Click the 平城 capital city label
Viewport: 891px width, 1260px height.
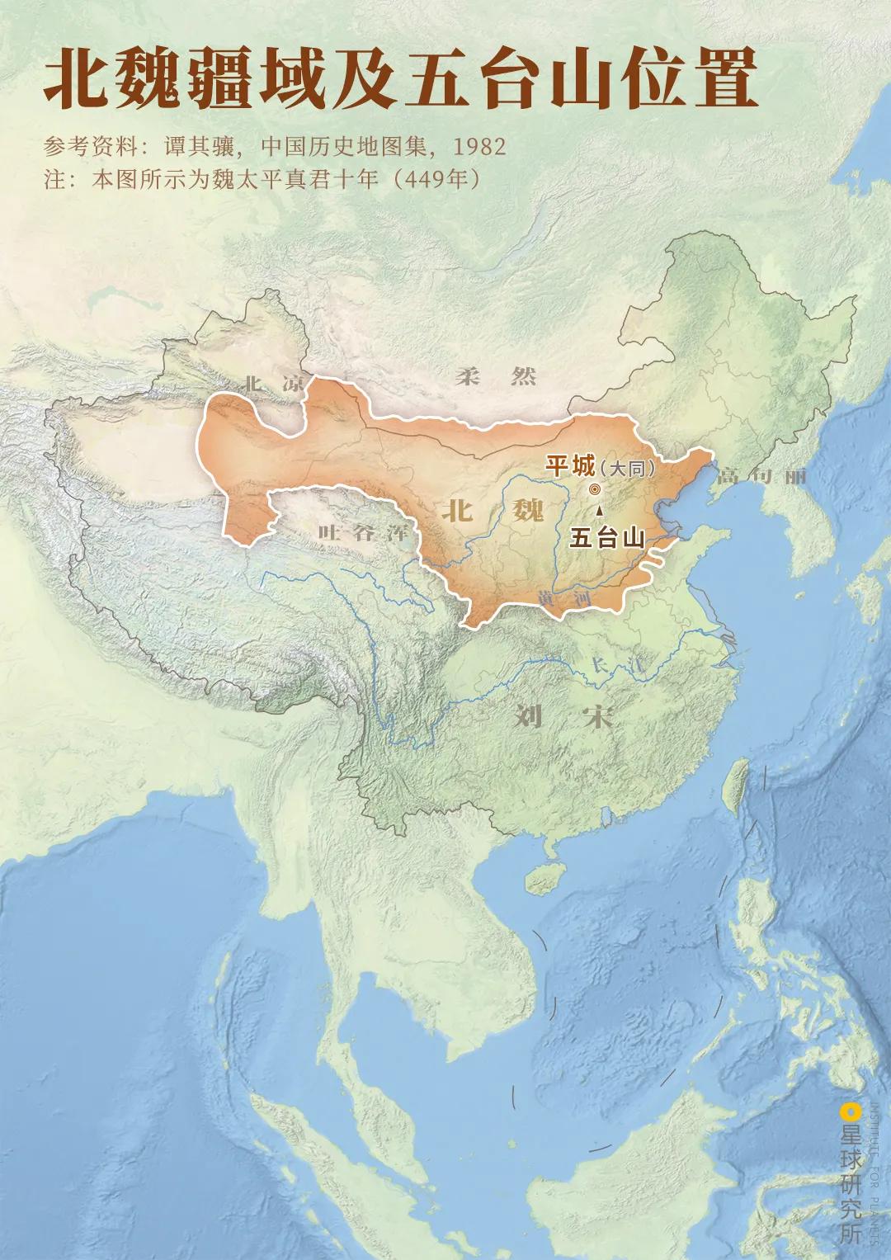click(x=570, y=466)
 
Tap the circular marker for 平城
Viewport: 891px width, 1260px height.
click(x=595, y=489)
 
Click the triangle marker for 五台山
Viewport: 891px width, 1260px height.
click(x=599, y=511)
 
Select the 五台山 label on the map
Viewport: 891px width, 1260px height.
click(x=607, y=538)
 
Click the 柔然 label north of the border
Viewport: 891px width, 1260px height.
click(x=496, y=377)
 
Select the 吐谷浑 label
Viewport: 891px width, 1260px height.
click(x=363, y=533)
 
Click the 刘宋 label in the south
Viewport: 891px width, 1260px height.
click(x=563, y=716)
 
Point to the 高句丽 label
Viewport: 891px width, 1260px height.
click(x=761, y=476)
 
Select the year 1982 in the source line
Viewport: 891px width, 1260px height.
click(x=479, y=147)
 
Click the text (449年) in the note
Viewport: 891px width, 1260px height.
click(x=436, y=178)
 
